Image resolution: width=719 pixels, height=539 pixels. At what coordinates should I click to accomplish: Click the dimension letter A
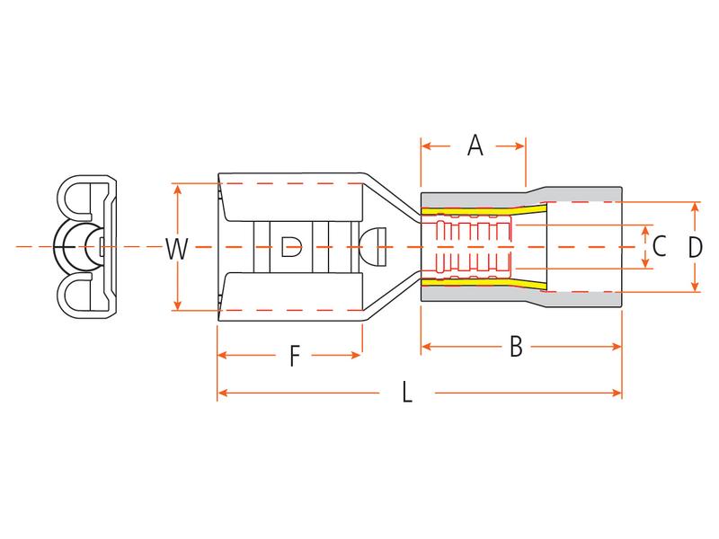475,146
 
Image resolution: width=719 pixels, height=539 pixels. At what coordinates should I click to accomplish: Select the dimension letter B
516,347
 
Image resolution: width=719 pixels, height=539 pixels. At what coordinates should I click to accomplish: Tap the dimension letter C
659,246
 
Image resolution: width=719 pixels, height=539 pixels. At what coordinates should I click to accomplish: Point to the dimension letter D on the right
695,247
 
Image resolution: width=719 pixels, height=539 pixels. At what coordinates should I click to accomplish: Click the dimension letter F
295,356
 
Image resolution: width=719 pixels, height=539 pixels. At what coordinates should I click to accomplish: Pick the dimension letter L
407,393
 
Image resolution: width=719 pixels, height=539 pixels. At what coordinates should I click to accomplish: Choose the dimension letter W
176,249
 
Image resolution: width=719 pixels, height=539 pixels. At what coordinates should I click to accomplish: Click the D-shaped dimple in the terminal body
291,246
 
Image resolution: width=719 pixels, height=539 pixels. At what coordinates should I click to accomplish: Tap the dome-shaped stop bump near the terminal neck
373,246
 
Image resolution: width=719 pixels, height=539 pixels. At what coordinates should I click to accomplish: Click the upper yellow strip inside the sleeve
484,211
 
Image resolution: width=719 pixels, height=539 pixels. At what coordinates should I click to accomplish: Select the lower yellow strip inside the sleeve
484,283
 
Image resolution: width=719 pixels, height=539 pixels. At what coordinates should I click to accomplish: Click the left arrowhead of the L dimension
223,393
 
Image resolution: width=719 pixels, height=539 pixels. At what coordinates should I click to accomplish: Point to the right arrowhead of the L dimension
617,393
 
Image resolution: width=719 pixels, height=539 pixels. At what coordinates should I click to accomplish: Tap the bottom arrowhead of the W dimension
177,305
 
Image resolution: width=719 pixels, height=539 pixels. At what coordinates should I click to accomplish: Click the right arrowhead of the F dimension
357,355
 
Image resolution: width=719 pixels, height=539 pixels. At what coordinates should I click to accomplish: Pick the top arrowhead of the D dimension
695,208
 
